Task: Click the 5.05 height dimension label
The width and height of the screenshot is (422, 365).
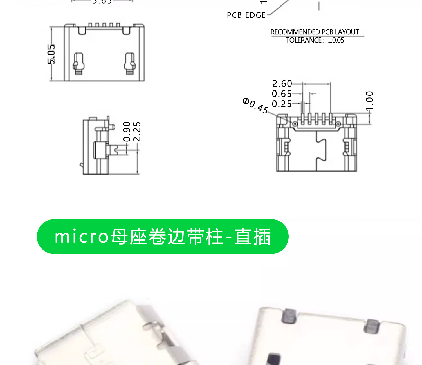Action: tap(51, 54)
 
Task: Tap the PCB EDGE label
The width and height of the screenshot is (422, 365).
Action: tap(246, 15)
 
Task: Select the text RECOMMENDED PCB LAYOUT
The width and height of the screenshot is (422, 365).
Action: tap(315, 32)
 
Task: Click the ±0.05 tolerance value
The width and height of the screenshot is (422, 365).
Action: tap(336, 40)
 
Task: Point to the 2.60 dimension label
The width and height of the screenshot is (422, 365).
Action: tap(282, 84)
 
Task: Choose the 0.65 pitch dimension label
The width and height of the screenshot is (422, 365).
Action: tap(282, 94)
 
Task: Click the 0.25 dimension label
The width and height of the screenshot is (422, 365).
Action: tap(282, 104)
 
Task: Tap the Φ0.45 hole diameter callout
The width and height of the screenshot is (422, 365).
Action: tap(255, 106)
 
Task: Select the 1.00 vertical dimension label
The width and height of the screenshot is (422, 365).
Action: tap(369, 101)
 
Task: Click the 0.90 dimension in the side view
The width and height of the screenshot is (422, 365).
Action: tap(127, 132)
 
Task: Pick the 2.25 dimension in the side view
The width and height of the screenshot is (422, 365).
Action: tap(137, 132)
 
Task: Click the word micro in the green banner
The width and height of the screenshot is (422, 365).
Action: tap(82, 237)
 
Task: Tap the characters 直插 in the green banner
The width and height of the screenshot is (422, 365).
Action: tap(252, 237)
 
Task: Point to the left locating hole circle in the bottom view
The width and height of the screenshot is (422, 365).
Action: tap(295, 124)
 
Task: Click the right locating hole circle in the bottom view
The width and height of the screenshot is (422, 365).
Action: tap(338, 124)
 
